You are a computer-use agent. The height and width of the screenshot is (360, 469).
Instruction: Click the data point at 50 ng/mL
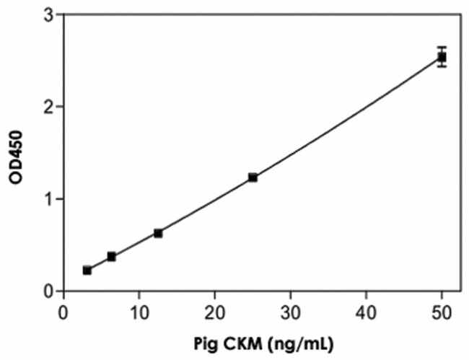pos(442,56)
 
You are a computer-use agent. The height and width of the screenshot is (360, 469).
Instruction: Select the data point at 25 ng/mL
pos(253,177)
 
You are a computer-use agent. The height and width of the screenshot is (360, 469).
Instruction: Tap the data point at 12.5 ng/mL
pos(158,233)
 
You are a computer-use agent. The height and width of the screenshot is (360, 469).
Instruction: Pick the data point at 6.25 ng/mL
pos(111,256)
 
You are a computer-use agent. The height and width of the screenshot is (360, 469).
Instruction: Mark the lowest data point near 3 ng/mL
pos(87,270)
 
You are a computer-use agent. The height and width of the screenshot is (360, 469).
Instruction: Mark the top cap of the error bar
pos(442,47)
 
